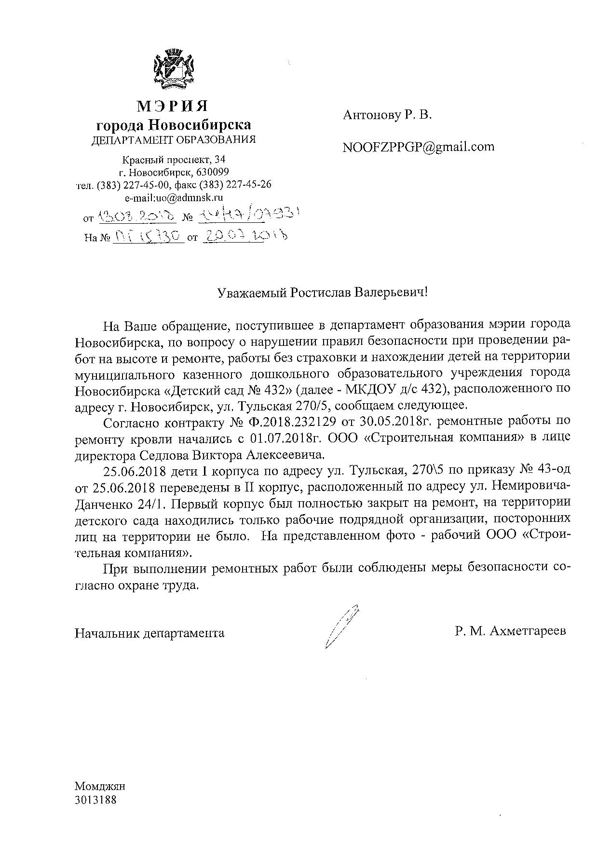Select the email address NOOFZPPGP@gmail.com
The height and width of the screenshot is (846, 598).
pyautogui.click(x=418, y=147)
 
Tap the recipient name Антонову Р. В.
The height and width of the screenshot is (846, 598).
pyautogui.click(x=388, y=115)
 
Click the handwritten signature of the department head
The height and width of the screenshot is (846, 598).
pyautogui.click(x=341, y=625)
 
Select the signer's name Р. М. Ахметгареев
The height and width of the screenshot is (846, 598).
pyautogui.click(x=510, y=631)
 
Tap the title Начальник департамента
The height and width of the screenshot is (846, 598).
pyautogui.click(x=149, y=633)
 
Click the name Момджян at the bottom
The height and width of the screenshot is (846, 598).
pyautogui.click(x=100, y=786)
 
